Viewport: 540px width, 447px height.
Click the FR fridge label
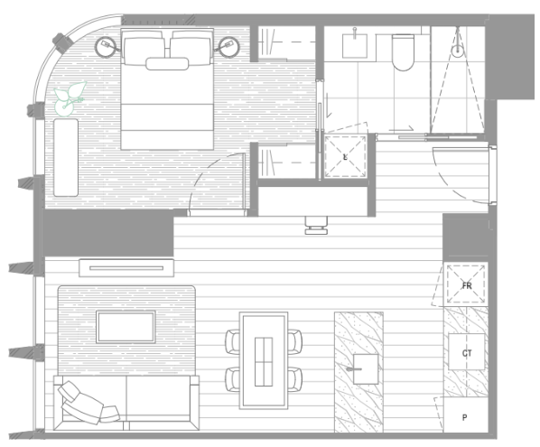tap(467, 285)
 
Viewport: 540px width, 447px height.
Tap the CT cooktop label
tap(467, 353)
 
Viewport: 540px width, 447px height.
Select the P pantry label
tap(464, 417)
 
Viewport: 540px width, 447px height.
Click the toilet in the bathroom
tap(403, 52)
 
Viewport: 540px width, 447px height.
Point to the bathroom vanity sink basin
tap(354, 46)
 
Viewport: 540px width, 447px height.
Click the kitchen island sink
tap(366, 368)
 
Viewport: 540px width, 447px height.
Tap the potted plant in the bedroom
tap(69, 98)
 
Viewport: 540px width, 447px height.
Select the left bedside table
tap(106, 46)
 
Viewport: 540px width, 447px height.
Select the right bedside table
tap(228, 46)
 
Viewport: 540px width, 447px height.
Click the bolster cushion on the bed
tap(167, 64)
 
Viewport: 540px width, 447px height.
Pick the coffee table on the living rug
tap(126, 327)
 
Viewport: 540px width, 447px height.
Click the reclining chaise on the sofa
tap(88, 403)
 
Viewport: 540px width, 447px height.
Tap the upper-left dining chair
tap(233, 341)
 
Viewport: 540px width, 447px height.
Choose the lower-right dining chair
tap(294, 379)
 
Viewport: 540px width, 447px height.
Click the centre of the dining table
tap(264, 360)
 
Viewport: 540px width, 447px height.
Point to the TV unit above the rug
tap(126, 268)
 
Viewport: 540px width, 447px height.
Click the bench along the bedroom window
tap(66, 158)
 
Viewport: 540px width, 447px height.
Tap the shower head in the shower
tap(457, 50)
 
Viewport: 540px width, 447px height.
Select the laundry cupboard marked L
tap(346, 157)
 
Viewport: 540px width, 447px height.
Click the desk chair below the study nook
tap(316, 226)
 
